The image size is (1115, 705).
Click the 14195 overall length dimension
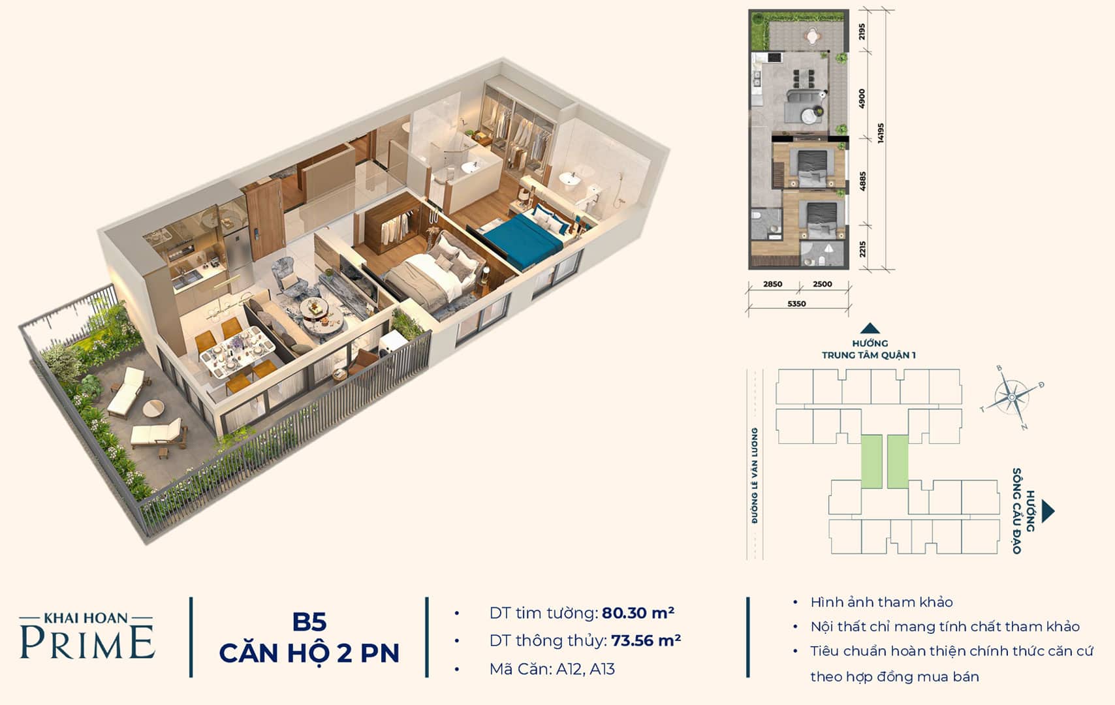(881, 133)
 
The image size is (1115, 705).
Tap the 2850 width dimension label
(772, 285)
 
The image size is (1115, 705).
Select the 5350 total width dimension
(796, 304)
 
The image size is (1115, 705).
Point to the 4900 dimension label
(862, 99)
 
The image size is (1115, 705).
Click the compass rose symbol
(1012, 398)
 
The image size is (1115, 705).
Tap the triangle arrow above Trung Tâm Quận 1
(870, 328)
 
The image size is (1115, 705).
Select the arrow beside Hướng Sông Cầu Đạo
(1048, 511)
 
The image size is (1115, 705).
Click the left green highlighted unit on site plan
(872, 462)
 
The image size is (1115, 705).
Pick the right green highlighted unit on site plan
(898, 462)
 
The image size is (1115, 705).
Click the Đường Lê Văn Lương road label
(755, 475)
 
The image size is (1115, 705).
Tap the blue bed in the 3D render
(523, 239)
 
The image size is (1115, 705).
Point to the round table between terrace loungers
(153, 409)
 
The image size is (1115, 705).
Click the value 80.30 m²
(638, 613)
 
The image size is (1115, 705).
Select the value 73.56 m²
(646, 640)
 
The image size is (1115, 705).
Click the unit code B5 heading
(309, 622)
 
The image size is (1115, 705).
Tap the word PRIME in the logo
(87, 642)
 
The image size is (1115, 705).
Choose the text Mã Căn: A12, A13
(552, 669)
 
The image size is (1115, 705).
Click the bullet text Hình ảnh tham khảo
(881, 603)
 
